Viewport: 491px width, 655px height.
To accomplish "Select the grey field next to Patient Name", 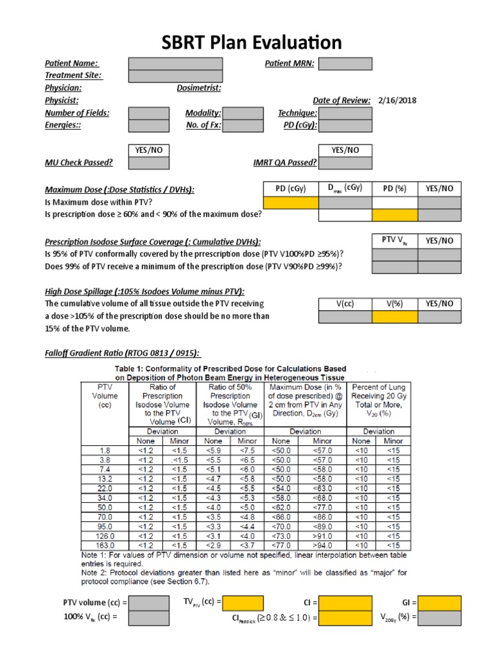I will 175,64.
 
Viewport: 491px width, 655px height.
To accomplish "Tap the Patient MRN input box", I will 345,64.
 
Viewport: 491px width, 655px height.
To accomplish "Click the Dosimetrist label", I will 199,88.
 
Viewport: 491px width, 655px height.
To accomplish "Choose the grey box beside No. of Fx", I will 242,125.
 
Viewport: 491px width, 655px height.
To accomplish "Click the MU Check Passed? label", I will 79,162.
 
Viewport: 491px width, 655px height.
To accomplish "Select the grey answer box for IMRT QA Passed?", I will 345,163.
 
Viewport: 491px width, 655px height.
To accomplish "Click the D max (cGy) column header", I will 345,189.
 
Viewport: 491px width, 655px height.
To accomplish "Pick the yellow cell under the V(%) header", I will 394,317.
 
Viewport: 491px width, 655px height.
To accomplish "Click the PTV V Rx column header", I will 394,241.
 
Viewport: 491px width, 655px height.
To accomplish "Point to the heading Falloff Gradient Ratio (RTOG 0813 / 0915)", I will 122,353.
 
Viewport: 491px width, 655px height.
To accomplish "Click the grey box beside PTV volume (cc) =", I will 149,603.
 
